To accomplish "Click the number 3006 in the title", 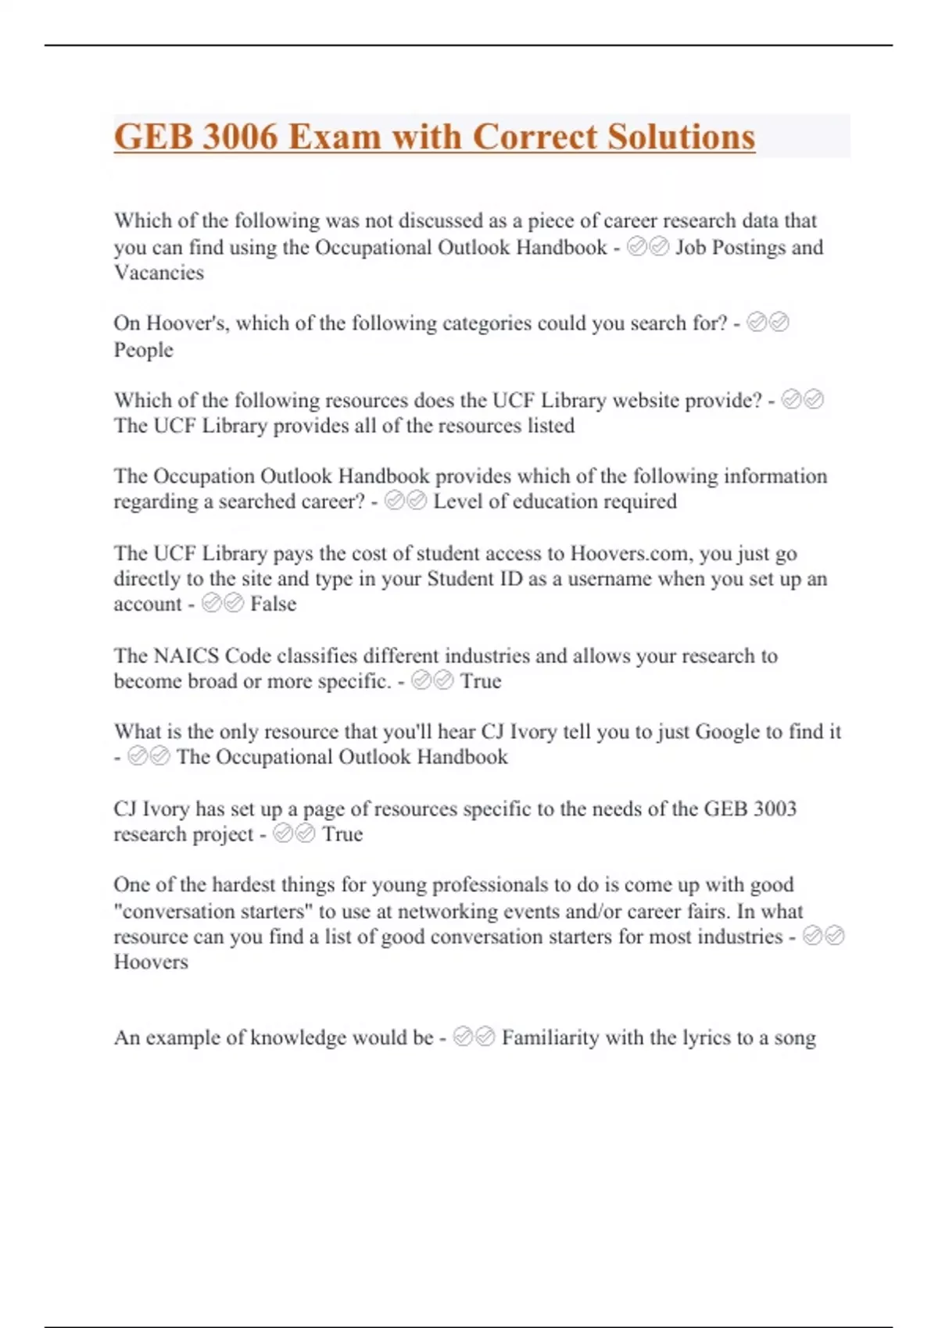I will click(240, 137).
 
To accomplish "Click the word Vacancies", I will click(159, 273).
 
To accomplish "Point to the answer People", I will click(143, 349).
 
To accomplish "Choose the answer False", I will click(273, 604).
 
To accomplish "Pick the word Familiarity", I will click(550, 1037).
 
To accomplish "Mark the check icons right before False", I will click(223, 603).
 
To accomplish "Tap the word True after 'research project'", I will click(342, 834).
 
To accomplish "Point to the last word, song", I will click(795, 1037).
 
